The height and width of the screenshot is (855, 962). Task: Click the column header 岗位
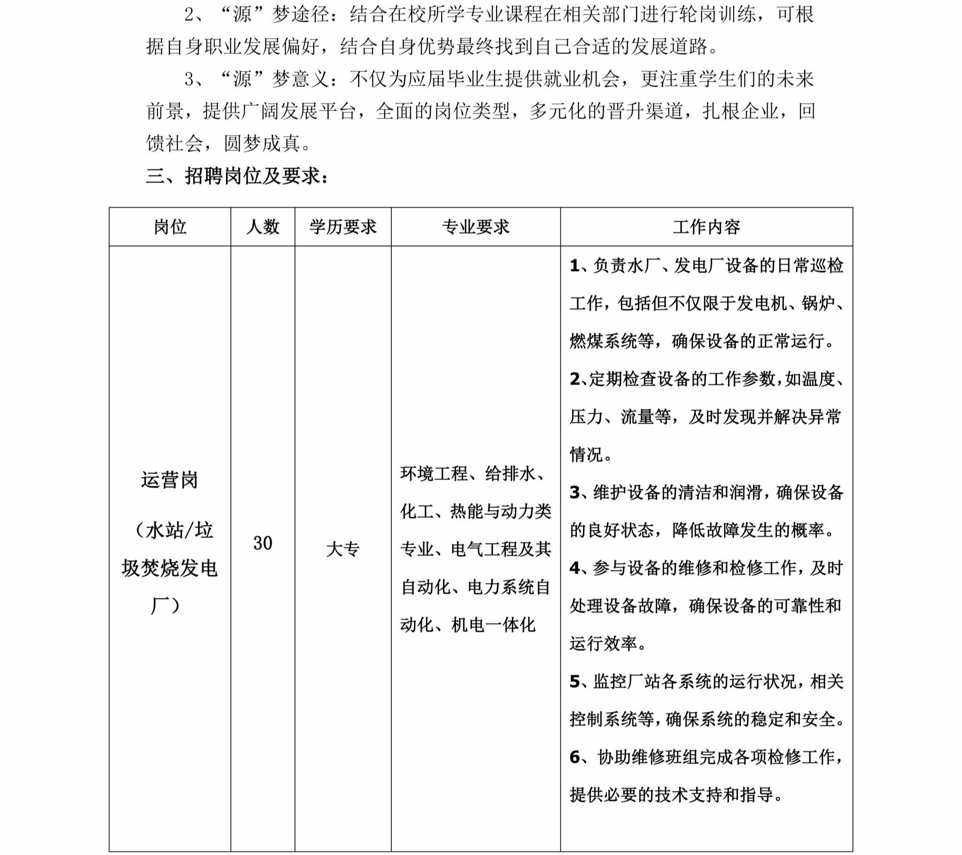170,227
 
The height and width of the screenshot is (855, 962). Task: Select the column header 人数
263,227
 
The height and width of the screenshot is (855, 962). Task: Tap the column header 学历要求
342,227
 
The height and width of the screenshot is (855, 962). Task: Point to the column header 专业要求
475,227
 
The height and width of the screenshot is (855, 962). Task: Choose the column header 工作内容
706,227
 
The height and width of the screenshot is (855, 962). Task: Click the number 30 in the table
263,544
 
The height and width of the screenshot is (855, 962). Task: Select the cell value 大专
342,549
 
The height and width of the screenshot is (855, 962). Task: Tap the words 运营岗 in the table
170,480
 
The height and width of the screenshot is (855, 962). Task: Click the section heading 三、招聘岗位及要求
237,176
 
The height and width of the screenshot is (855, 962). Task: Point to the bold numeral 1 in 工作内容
574,266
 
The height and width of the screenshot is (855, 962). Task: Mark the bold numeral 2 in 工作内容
574,379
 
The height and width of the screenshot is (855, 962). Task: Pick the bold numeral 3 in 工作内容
574,492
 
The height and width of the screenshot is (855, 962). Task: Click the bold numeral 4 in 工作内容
574,568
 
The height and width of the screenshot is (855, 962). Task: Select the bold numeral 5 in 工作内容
574,681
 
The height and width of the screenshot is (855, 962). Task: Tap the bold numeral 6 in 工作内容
574,757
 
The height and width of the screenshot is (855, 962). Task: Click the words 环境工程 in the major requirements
434,473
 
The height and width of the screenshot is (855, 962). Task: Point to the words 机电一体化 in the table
493,625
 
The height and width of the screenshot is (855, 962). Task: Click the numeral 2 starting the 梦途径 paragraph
189,15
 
